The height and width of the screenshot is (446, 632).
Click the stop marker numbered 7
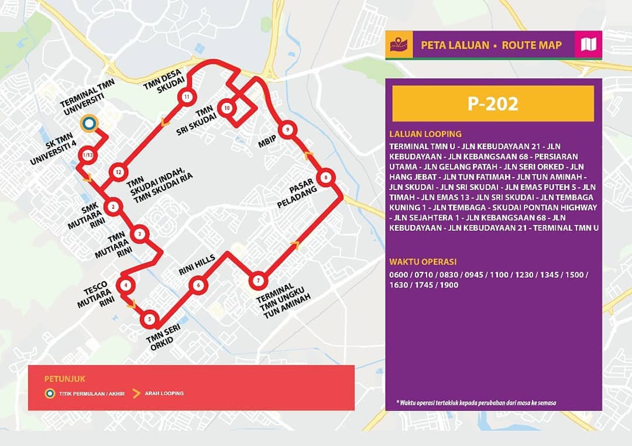point(257,281)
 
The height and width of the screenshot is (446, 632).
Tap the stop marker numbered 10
point(226,108)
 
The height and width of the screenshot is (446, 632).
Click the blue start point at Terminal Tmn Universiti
point(89,123)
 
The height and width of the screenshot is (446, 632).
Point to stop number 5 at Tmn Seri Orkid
point(150,319)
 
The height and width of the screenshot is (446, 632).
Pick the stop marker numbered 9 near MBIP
point(287,130)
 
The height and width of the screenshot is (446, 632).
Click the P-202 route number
point(493,103)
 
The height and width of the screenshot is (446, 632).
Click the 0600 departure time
point(399,275)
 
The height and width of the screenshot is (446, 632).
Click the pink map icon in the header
point(588,44)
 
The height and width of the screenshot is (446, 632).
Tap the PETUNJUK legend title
point(60,379)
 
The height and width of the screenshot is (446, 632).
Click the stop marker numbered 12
point(118,172)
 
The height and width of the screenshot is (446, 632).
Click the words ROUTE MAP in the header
point(531,45)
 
